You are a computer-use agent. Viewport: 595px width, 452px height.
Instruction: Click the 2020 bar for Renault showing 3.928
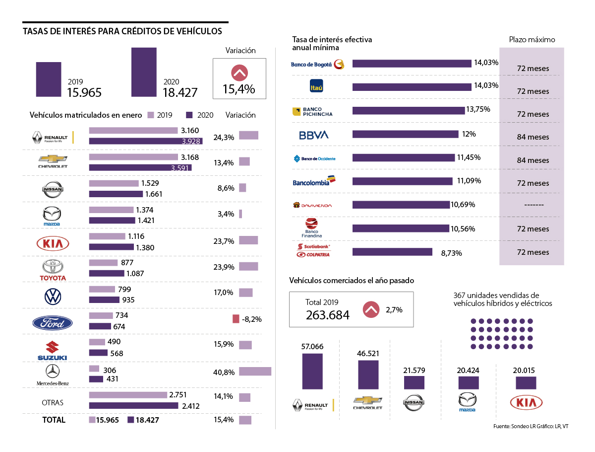tap(143, 142)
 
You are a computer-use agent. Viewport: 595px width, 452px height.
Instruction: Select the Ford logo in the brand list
tap(52, 323)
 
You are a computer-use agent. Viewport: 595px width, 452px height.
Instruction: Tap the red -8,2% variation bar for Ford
tap(236, 319)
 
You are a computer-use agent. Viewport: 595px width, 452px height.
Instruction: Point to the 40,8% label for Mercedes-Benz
tap(224, 372)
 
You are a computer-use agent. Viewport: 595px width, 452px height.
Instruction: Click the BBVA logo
tap(314, 135)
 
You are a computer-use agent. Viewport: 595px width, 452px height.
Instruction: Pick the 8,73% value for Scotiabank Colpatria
tap(451, 253)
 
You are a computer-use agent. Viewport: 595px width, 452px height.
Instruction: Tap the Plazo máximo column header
tap(532, 40)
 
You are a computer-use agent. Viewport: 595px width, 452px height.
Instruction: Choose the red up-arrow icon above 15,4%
tap(239, 73)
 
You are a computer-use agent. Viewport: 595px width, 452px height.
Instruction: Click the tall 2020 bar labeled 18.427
tap(144, 72)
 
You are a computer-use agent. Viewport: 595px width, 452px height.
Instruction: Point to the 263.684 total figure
tap(327, 315)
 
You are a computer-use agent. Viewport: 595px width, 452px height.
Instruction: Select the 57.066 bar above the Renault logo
tap(312, 371)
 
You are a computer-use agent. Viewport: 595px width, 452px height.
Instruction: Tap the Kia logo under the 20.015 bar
tap(526, 402)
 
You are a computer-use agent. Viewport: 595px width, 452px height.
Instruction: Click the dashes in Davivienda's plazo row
tap(533, 205)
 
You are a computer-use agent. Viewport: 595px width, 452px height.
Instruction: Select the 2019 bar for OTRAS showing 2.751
tap(128, 395)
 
